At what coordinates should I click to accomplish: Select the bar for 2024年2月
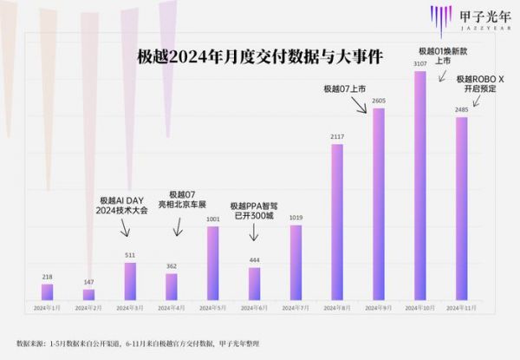[88, 295]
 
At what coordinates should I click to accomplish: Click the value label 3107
[419, 64]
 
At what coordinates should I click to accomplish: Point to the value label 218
[47, 277]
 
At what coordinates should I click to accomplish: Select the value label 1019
[296, 218]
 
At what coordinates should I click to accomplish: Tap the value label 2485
[461, 109]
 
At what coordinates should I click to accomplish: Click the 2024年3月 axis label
[130, 308]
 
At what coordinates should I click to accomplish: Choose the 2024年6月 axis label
[254, 308]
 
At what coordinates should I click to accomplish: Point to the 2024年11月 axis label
[461, 308]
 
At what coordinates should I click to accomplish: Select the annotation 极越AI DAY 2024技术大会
[123, 205]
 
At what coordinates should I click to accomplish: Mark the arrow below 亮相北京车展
[179, 227]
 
